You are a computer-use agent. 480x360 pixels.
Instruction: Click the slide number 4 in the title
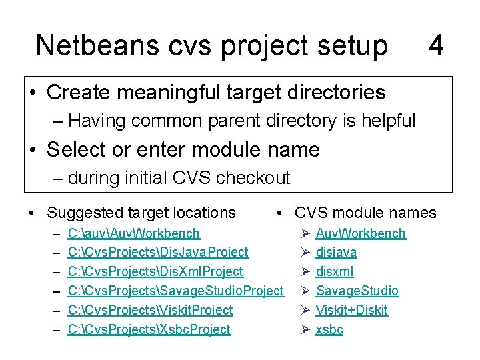point(436,46)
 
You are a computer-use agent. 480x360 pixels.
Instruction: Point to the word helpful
point(386,121)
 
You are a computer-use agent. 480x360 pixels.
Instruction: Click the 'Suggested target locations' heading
point(141,213)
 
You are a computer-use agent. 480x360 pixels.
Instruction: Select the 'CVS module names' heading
point(365,213)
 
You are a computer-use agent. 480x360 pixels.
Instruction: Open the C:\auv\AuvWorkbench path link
point(133,233)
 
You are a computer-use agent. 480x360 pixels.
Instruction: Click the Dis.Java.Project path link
point(158,253)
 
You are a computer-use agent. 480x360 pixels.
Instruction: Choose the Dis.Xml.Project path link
point(155,271)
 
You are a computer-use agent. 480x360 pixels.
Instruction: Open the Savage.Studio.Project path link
point(176,291)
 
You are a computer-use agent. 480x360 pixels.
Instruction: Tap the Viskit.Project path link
point(150,310)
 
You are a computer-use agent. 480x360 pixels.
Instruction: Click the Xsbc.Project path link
point(149,329)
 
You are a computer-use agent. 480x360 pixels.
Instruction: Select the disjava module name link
point(336,253)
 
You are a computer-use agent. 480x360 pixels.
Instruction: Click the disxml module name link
point(335,271)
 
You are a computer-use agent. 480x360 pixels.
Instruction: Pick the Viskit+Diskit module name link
point(351,310)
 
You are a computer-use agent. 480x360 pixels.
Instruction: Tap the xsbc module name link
point(329,329)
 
